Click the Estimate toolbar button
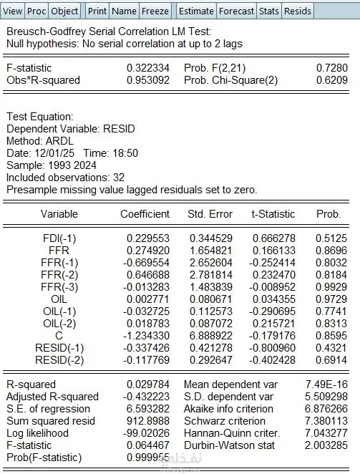(196, 11)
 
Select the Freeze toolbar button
(155, 11)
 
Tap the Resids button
(298, 11)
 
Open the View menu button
(12, 11)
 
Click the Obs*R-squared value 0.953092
(148, 80)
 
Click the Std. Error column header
(210, 214)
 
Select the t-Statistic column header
(273, 214)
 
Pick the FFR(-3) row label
(59, 287)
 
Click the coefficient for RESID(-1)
(146, 348)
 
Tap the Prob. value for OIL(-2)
(331, 324)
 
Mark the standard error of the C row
(211, 336)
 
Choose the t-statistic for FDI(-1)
(274, 238)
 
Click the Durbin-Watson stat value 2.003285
(326, 445)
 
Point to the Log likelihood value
(146, 433)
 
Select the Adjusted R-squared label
(52, 397)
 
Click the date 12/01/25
(54, 153)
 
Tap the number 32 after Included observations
(119, 178)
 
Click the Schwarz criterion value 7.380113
(326, 421)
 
